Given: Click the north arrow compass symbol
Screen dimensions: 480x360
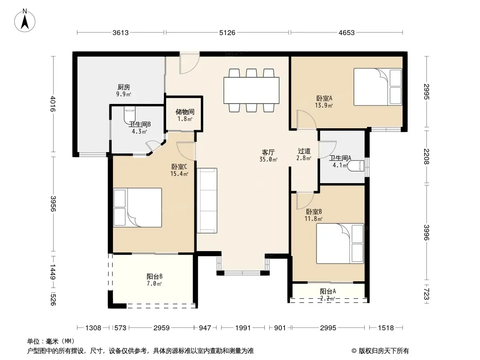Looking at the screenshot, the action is [25, 21].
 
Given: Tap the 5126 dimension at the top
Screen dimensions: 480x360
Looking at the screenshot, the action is [227, 32].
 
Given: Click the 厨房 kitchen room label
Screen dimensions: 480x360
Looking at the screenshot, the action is [124, 87].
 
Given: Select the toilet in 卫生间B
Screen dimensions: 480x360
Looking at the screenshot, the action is [130, 115].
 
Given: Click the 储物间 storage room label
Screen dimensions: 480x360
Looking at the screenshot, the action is [185, 112].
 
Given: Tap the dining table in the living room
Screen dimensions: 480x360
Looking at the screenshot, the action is [251, 90].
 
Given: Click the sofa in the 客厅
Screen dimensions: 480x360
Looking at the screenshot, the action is [207, 201].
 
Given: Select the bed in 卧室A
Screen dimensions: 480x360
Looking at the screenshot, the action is [378, 87].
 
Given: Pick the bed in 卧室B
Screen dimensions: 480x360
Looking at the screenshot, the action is [340, 243].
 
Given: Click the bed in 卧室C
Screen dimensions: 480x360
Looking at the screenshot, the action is [137, 208].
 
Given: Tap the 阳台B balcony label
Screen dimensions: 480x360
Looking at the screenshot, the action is [154, 276].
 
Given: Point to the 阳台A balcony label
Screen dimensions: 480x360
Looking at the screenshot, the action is [328, 291].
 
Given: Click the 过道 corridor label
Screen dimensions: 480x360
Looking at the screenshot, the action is [304, 151].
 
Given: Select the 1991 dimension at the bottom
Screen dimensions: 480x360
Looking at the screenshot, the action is [243, 328].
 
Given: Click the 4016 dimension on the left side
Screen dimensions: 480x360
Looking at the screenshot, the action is [53, 104].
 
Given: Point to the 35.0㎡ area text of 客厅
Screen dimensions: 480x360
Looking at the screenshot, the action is [268, 159].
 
